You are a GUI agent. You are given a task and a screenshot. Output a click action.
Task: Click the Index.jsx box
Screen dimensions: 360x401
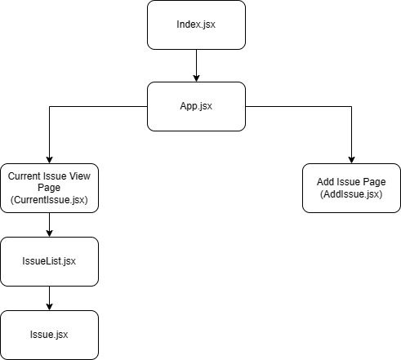click(196, 24)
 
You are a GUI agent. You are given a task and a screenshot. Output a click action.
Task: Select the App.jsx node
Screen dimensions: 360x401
click(196, 106)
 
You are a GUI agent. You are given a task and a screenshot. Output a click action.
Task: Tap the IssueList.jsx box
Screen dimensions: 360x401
click(49, 260)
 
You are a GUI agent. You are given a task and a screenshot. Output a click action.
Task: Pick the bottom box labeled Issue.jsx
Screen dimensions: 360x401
click(49, 335)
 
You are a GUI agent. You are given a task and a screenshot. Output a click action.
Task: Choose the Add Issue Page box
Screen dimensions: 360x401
click(351, 188)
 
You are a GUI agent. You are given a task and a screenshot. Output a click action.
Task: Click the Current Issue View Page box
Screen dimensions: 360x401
click(49, 188)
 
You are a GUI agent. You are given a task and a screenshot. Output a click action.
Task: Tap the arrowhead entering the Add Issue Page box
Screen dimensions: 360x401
click(351, 159)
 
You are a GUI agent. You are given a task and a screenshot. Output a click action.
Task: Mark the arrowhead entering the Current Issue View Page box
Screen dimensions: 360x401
click(49, 159)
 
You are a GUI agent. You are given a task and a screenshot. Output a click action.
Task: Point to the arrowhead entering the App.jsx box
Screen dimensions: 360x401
click(196, 78)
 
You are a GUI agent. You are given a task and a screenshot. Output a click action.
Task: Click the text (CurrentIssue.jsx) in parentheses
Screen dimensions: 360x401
click(49, 199)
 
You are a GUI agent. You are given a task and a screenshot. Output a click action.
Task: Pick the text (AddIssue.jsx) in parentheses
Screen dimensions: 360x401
click(351, 194)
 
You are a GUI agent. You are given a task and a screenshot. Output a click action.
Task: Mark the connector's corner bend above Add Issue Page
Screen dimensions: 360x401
click(351, 106)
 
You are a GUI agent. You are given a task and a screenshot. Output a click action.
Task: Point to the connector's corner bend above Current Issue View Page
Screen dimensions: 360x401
click(49, 106)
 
